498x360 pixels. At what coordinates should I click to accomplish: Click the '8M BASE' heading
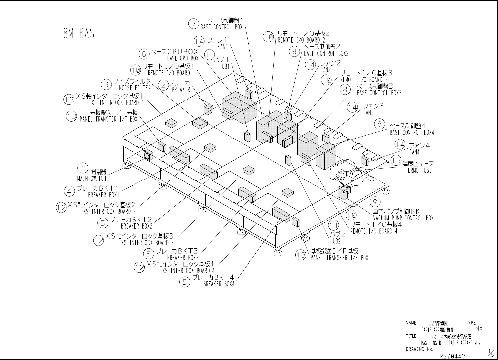81,33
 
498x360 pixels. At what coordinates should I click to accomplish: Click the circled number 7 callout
193,23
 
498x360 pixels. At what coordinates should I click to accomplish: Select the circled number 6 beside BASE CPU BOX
144,53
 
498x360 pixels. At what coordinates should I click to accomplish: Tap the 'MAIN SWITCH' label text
92,179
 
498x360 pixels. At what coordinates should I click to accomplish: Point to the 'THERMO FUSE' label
417,171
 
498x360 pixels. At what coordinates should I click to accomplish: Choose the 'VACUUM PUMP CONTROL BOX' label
403,218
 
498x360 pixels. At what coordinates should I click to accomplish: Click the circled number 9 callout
375,201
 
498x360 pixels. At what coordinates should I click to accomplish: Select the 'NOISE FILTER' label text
135,88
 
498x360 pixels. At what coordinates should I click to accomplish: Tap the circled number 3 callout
106,85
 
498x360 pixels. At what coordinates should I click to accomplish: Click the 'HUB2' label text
335,241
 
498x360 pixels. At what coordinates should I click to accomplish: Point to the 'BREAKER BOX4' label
219,284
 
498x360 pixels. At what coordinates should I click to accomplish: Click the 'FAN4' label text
414,152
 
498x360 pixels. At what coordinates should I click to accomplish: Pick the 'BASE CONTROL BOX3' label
379,93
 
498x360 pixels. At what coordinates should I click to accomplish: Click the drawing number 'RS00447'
452,356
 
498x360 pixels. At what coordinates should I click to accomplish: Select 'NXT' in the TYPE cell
481,328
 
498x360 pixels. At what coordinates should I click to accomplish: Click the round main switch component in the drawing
147,154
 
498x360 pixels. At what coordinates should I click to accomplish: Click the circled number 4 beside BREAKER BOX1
69,191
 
